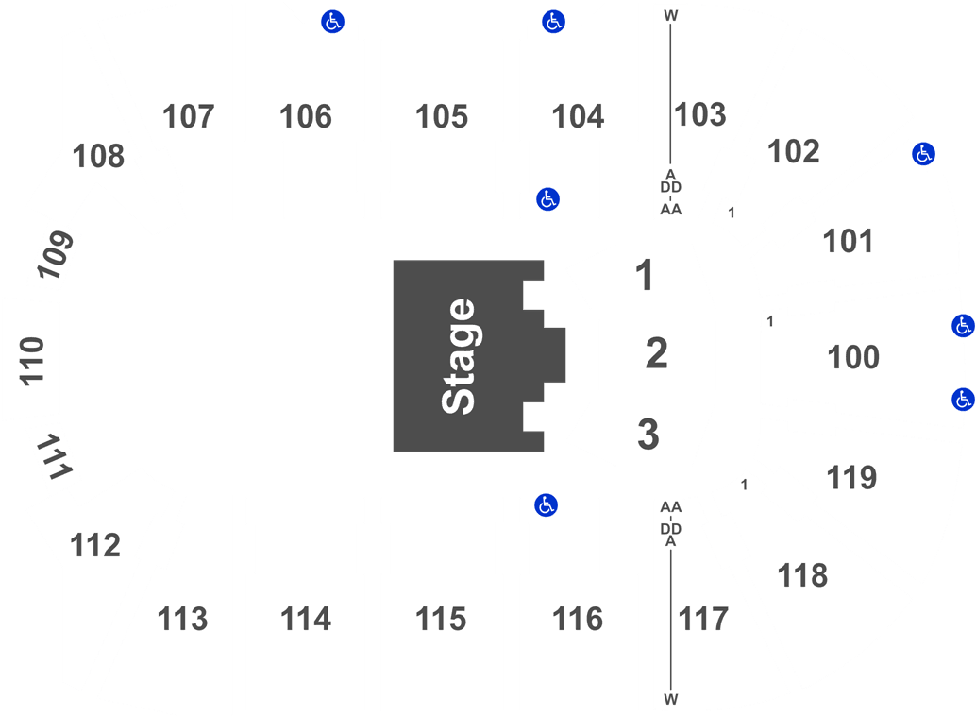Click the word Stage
(459, 356)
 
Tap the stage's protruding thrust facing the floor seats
(555, 355)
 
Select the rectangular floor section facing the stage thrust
(657, 354)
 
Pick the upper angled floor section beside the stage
(642, 276)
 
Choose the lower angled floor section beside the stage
(642, 433)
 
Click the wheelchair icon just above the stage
(547, 199)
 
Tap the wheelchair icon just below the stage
(546, 505)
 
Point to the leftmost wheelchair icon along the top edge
(332, 21)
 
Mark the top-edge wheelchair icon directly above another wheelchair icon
(553, 21)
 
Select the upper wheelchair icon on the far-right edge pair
(963, 326)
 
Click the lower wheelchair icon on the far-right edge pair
(963, 399)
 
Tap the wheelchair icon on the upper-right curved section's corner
(923, 153)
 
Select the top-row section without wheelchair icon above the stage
(441, 128)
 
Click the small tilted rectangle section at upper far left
(53, 255)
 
